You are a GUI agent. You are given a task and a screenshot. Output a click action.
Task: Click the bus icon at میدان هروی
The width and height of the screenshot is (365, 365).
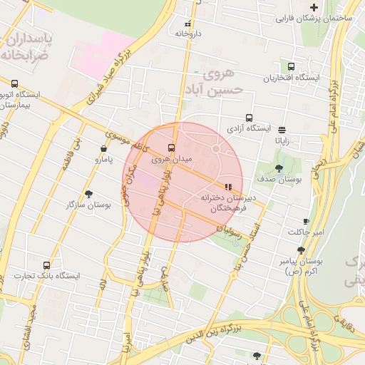pyautogui.click(x=170, y=148)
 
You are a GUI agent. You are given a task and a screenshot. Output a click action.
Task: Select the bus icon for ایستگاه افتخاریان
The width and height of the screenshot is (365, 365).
pyautogui.click(x=291, y=66)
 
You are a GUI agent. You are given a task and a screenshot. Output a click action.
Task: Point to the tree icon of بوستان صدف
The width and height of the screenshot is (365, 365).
pyautogui.click(x=279, y=169)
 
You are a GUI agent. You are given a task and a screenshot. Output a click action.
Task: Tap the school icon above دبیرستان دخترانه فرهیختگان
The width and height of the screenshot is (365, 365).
pyautogui.click(x=227, y=187)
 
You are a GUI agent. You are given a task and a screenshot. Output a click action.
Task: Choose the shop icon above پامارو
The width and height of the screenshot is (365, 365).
pyautogui.click(x=105, y=149)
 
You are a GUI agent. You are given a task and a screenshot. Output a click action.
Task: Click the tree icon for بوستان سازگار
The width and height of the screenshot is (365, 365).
pyautogui.click(x=88, y=194)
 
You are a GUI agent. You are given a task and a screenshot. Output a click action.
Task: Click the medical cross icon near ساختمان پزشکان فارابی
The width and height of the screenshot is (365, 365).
pyautogui.click(x=314, y=6)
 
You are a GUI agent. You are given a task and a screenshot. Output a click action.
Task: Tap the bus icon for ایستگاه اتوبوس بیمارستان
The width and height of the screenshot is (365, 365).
pyautogui.click(x=15, y=83)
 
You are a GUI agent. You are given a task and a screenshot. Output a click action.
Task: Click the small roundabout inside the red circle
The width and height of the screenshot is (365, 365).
pyautogui.click(x=216, y=149)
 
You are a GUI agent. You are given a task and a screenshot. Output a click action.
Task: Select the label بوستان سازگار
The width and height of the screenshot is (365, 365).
pyautogui.click(x=88, y=205)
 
